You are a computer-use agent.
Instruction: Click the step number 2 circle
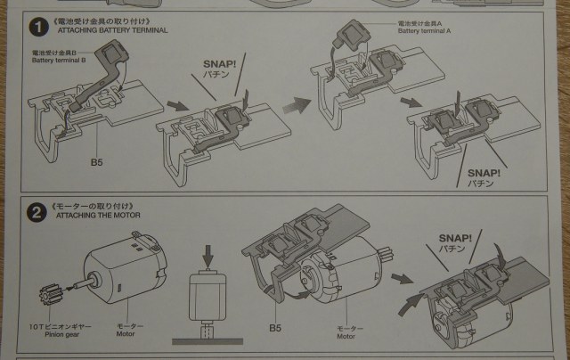[x=37, y=212]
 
